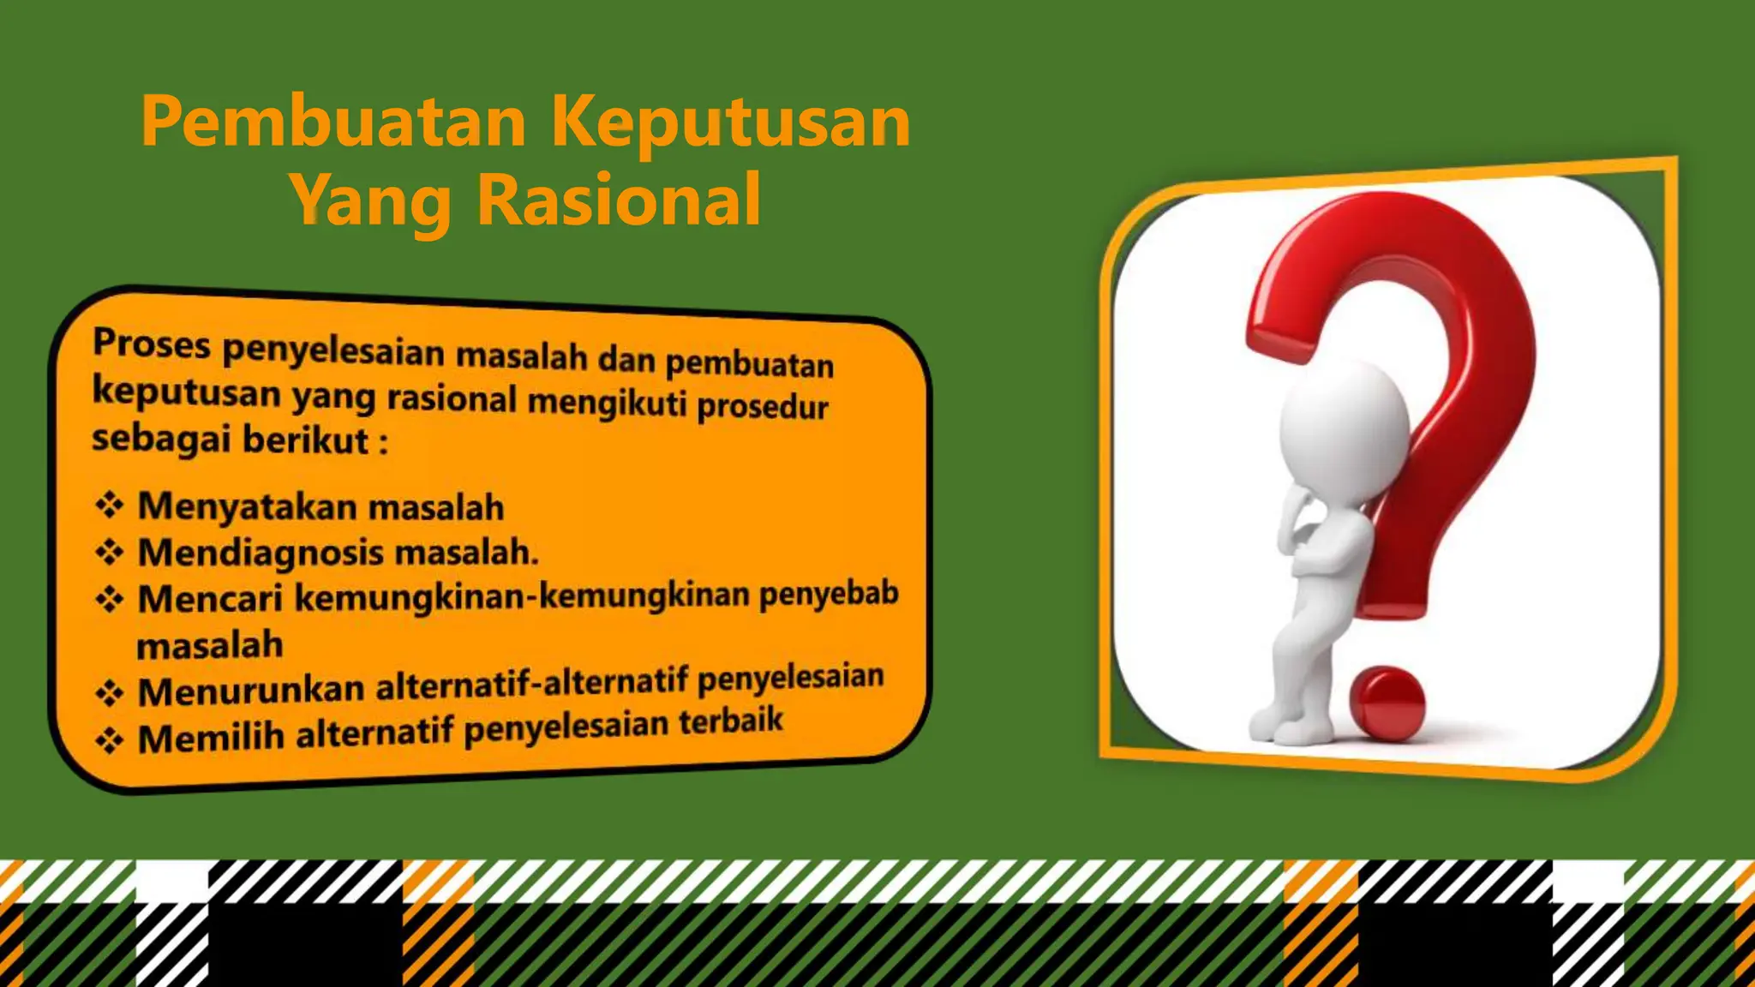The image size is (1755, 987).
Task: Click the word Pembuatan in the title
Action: (x=333, y=123)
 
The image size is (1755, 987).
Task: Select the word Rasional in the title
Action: (x=619, y=200)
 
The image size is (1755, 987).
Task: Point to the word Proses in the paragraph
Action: (x=152, y=344)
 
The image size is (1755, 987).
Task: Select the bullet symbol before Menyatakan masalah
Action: (x=110, y=505)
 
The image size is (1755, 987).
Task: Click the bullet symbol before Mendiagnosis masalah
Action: (x=110, y=552)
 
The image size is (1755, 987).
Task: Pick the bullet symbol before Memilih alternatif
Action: (x=110, y=739)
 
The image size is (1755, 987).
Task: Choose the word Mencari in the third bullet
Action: (x=210, y=598)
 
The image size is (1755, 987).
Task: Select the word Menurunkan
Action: (x=251, y=691)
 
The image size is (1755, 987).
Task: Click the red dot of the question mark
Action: (x=1386, y=702)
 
